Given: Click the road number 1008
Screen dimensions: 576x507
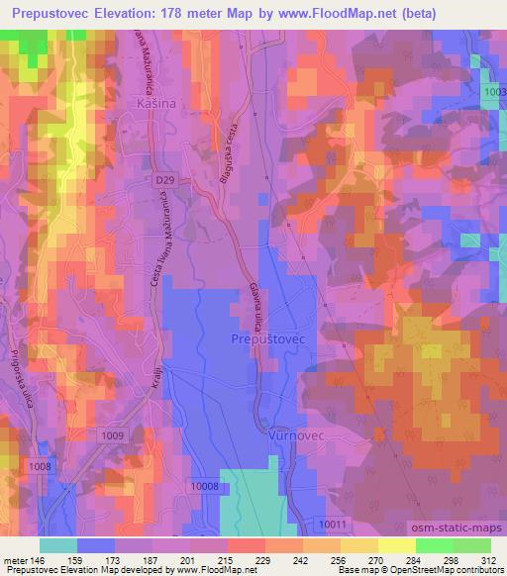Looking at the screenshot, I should click(40, 465).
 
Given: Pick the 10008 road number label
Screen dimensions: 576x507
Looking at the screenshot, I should click(206, 486).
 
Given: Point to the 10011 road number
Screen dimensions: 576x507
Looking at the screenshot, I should click(336, 524).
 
